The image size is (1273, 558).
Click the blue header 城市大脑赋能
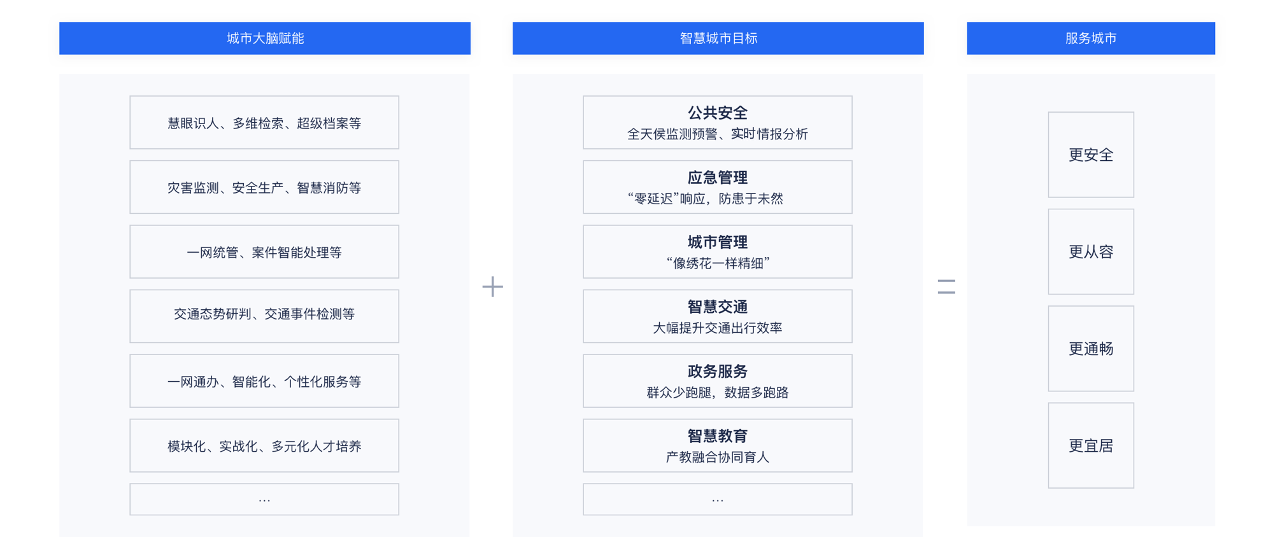pyautogui.click(x=265, y=38)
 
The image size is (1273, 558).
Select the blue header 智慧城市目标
pyautogui.click(x=718, y=38)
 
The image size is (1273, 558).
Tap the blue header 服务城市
pyautogui.click(x=1091, y=38)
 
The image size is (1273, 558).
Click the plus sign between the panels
pyautogui.click(x=492, y=286)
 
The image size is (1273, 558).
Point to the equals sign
pyautogui.click(x=946, y=286)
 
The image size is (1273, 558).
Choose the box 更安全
pyautogui.click(x=1091, y=155)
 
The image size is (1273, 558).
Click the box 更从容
pyautogui.click(x=1091, y=251)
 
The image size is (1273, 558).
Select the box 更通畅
pyautogui.click(x=1091, y=349)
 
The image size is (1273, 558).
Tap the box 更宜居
pyautogui.click(x=1091, y=445)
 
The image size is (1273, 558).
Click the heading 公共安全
pyautogui.click(x=718, y=113)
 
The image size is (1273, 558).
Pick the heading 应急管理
pyautogui.click(x=718, y=178)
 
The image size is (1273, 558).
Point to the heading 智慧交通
pyautogui.click(x=718, y=307)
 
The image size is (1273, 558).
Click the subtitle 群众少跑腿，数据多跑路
pyautogui.click(x=718, y=393)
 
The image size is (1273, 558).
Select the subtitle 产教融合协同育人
pyautogui.click(x=718, y=457)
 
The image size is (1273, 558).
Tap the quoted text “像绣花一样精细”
pyautogui.click(x=718, y=263)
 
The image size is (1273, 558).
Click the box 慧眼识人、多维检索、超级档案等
pyautogui.click(x=264, y=123)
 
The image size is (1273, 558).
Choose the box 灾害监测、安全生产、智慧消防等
pyautogui.click(x=264, y=187)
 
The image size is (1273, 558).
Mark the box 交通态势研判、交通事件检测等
pyautogui.click(x=264, y=316)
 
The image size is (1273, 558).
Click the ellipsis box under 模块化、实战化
pyautogui.click(x=264, y=499)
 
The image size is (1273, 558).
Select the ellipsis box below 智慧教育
pyautogui.click(x=718, y=499)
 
